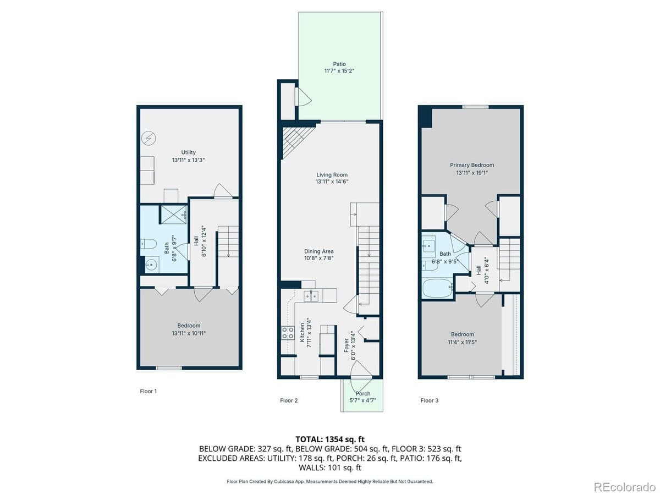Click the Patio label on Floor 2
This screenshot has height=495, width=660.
[x=339, y=64]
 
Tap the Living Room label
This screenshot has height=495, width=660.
[x=332, y=175]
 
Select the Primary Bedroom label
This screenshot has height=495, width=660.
[x=471, y=165]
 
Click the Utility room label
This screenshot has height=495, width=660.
[x=189, y=152]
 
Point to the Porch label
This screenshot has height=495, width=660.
[x=362, y=394]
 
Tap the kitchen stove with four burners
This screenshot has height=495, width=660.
[x=287, y=332]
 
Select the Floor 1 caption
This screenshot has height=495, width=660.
[x=148, y=392]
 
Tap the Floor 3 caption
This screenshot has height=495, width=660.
[x=430, y=400]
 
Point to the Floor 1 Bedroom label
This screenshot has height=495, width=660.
[x=189, y=326]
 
